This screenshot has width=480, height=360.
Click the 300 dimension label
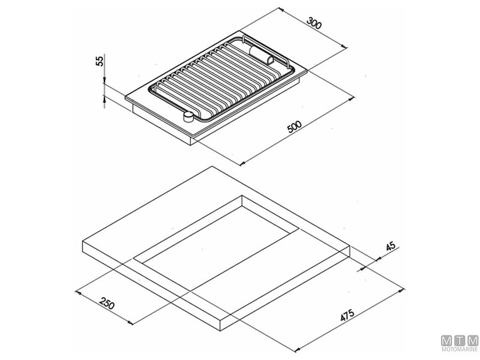point(314,23)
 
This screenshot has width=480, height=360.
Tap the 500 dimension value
point(295,127)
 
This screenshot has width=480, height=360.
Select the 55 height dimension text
point(100,61)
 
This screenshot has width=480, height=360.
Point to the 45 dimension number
point(391,247)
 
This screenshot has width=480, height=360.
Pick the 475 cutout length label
point(347,314)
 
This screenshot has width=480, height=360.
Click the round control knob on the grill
point(188,116)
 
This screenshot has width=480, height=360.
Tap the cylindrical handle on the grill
point(261,55)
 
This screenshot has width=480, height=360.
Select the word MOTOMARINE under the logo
point(460,349)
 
